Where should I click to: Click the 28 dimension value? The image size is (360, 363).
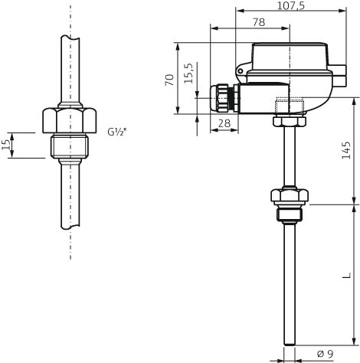pyautogui.click(x=224, y=123)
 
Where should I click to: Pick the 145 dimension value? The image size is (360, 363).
pyautogui.click(x=347, y=160)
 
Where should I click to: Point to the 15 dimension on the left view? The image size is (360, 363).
pyautogui.click(x=7, y=145)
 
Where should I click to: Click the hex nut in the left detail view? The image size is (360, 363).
pyautogui.click(x=70, y=122)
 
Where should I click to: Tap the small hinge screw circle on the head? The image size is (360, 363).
pyautogui.click(x=240, y=73)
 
